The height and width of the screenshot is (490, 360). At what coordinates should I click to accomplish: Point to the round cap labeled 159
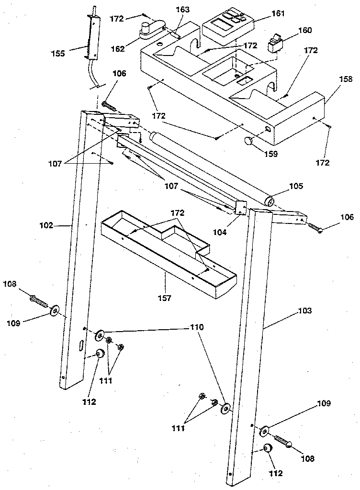coord(249,140)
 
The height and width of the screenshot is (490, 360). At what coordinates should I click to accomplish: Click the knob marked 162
coord(146,31)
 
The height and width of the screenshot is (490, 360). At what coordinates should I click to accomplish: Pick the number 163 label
coord(182,10)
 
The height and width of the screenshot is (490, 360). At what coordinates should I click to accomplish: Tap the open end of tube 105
coord(270,200)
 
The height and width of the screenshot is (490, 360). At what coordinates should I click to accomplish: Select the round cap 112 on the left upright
coord(101,354)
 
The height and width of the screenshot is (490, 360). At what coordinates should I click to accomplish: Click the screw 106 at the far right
coord(314,227)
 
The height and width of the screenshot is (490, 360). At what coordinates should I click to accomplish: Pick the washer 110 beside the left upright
coord(100,335)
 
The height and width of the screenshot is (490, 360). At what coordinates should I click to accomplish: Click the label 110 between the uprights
coord(197,328)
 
